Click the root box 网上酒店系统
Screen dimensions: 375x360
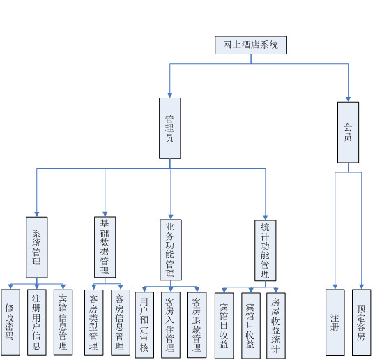tap(251, 45)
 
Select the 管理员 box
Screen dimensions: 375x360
tap(170, 128)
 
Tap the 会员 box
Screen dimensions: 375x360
tap(348, 133)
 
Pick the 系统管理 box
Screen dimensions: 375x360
tap(36, 247)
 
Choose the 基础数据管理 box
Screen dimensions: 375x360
tap(105, 247)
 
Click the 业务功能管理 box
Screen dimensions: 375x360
tap(171, 250)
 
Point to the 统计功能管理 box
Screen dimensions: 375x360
tap(266, 250)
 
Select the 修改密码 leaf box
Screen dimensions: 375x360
tap(10, 322)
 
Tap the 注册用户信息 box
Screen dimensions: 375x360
tap(36, 322)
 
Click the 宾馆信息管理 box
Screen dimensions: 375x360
tap(63, 322)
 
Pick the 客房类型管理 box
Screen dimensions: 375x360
tap(93, 322)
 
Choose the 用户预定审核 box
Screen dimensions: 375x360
tap(144, 325)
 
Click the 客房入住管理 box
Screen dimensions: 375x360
tap(171, 325)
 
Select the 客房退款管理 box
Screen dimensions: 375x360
tap(197, 325)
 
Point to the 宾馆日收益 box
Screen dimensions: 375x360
tap(224, 326)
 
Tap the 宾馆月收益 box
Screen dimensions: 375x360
tap(251, 326)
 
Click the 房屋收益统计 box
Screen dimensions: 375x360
tap(276, 326)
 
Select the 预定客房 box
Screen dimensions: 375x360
tap(361, 322)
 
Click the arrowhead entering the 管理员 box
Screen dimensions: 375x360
tap(170, 96)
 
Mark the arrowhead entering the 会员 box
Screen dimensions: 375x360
tap(348, 99)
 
